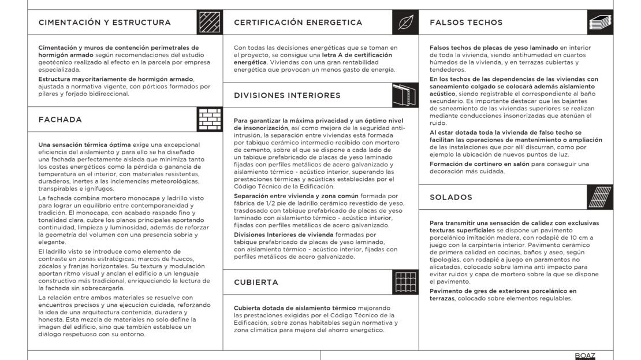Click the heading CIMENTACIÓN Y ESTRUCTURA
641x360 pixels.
click(x=105, y=23)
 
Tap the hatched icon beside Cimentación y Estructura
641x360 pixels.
click(x=210, y=23)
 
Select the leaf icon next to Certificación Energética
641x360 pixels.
click(x=406, y=23)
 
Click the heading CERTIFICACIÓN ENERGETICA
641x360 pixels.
click(x=298, y=23)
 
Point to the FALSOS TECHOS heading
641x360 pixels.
click(x=466, y=23)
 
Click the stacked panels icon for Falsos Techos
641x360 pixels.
click(x=601, y=23)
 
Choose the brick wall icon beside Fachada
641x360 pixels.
click(x=210, y=120)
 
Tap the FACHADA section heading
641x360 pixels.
click(x=60, y=120)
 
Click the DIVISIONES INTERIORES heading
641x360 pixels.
click(x=287, y=95)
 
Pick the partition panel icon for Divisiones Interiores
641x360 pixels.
click(x=406, y=95)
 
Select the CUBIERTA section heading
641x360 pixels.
click(x=256, y=282)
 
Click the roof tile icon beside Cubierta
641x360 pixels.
click(x=406, y=282)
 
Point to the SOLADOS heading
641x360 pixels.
click(x=451, y=197)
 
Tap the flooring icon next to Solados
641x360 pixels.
click(x=601, y=197)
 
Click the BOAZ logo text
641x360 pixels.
click(x=585, y=355)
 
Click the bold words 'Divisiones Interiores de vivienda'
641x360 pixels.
click(x=284, y=235)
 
